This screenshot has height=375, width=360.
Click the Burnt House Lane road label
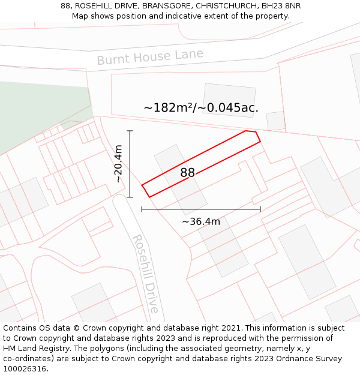coord(150,57)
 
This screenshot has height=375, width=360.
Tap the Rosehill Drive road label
coord(146,274)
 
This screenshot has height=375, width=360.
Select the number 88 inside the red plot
coord(188,173)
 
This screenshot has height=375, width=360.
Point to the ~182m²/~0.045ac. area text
coord(201,108)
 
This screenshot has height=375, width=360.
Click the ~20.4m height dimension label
coord(118,163)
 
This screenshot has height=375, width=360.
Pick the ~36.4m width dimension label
coord(201,221)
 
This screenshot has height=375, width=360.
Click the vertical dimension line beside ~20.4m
coord(130,163)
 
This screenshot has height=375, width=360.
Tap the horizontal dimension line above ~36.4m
coord(201,209)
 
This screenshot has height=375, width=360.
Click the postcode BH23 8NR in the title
coord(281,6)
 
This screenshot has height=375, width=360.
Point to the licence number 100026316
coord(26,368)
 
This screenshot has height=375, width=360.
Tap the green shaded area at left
coord(36,114)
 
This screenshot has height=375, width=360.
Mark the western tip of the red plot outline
coord(142,185)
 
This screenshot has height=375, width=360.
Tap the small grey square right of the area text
coord(275,121)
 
